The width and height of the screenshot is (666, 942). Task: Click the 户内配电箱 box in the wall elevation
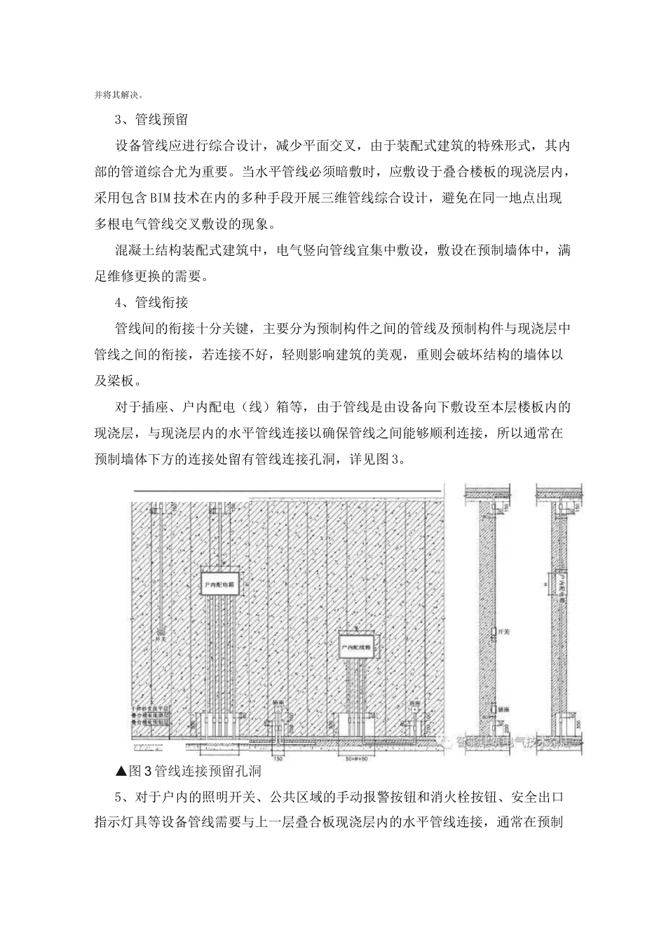(217, 582)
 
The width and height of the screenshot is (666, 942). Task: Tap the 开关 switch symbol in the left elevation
(161, 628)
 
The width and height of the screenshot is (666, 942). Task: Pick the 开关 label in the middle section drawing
(502, 632)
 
